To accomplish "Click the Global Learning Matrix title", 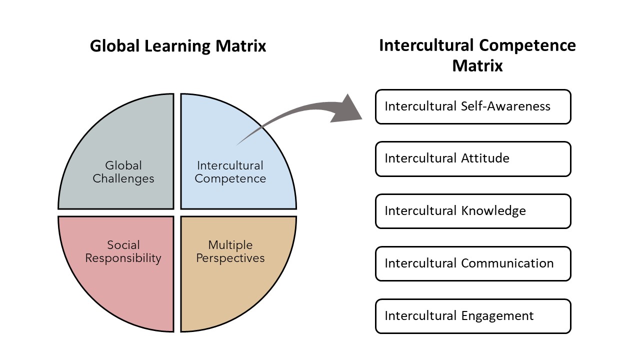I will (178, 46).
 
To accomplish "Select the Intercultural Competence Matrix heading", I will (477, 55).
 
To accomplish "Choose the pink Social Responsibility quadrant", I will (122, 280).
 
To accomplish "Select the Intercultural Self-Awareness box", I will (473, 106).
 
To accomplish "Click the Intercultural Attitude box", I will (473, 159).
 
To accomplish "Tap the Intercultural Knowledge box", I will (473, 211).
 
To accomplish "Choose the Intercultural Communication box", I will (473, 263).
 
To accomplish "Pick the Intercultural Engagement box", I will (473, 316).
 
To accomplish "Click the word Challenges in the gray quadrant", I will (123, 178).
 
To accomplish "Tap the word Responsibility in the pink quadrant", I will (123, 258).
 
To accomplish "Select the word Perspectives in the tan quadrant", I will (230, 258).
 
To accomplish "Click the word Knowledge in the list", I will (493, 211).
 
